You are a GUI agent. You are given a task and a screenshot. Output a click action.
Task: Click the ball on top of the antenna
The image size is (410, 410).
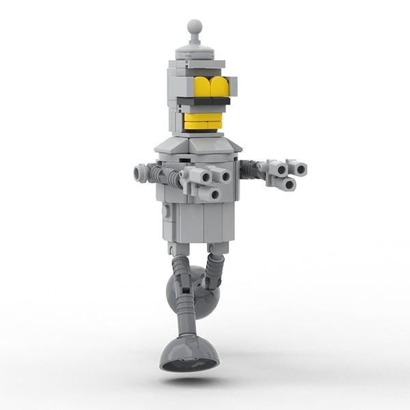pyautogui.click(x=195, y=27)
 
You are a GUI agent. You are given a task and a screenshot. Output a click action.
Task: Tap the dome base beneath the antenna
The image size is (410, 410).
pyautogui.click(x=196, y=51)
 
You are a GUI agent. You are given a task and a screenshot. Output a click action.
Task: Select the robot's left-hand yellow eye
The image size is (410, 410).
pyautogui.click(x=203, y=87)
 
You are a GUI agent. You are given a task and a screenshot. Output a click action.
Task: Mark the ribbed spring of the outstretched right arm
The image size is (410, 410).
pyautogui.click(x=250, y=168)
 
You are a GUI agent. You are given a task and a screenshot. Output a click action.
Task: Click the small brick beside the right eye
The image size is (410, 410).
pyautogui.click(x=233, y=86)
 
